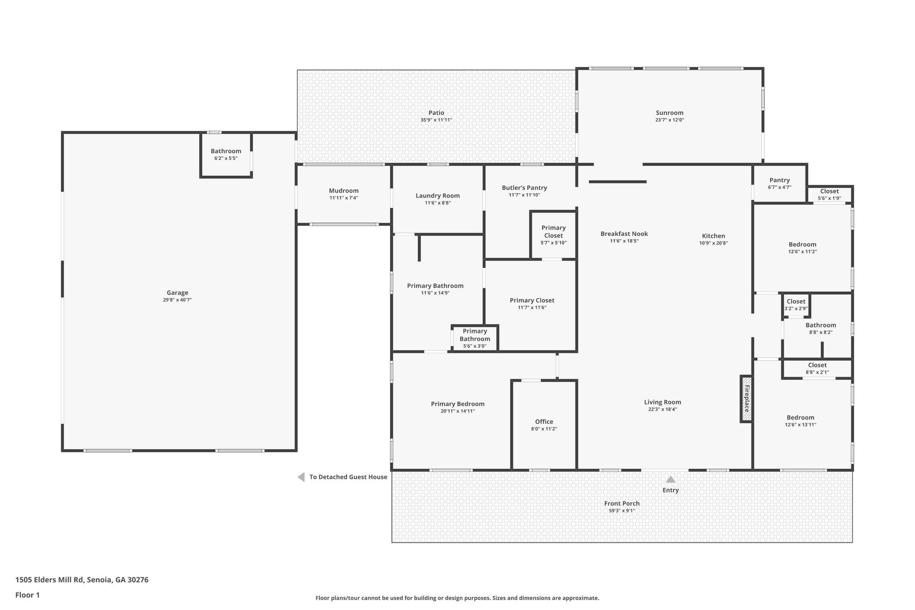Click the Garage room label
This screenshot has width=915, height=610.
pyautogui.click(x=177, y=293)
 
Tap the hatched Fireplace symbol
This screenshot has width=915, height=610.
pyautogui.click(x=746, y=399)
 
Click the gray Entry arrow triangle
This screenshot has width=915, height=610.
pyautogui.click(x=671, y=480)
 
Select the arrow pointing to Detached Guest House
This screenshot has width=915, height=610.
pyautogui.click(x=301, y=477)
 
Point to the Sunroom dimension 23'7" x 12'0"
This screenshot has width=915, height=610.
pyautogui.click(x=669, y=120)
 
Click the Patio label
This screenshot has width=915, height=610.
pyautogui.click(x=436, y=113)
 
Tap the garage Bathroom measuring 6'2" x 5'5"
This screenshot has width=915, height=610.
pyautogui.click(x=226, y=154)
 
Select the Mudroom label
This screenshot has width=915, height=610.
pyautogui.click(x=344, y=191)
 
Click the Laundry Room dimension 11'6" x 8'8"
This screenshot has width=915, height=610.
pyautogui.click(x=437, y=203)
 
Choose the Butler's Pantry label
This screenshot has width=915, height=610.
pyautogui.click(x=524, y=188)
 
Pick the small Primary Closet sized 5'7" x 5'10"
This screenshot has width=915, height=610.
pyautogui.click(x=553, y=235)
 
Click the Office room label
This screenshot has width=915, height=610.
pyautogui.click(x=544, y=421)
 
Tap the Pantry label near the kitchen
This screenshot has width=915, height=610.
pyautogui.click(x=779, y=180)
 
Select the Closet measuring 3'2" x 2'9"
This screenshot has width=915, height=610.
pyautogui.click(x=796, y=305)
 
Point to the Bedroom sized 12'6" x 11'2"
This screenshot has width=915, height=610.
pyautogui.click(x=802, y=248)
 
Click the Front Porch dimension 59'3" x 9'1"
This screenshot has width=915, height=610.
pyautogui.click(x=621, y=511)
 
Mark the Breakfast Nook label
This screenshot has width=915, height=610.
pyautogui.click(x=624, y=234)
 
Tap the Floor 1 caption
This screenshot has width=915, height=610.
pyautogui.click(x=27, y=595)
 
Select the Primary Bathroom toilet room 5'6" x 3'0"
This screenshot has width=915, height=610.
pyautogui.click(x=474, y=338)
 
